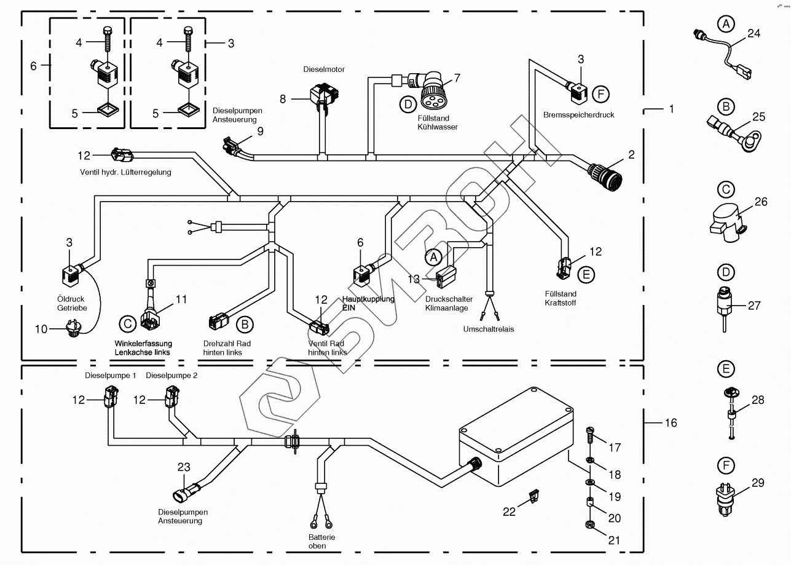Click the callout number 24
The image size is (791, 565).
[x=754, y=34]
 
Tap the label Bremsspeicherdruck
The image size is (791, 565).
[x=578, y=115]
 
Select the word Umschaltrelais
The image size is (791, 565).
[x=489, y=329]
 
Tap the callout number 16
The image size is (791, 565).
[x=671, y=423]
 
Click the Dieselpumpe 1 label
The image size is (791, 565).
[x=111, y=375]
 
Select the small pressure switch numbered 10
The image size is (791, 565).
[x=73, y=332]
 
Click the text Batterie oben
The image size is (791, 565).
[x=322, y=541]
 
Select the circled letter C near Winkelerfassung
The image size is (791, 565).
[x=127, y=323]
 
